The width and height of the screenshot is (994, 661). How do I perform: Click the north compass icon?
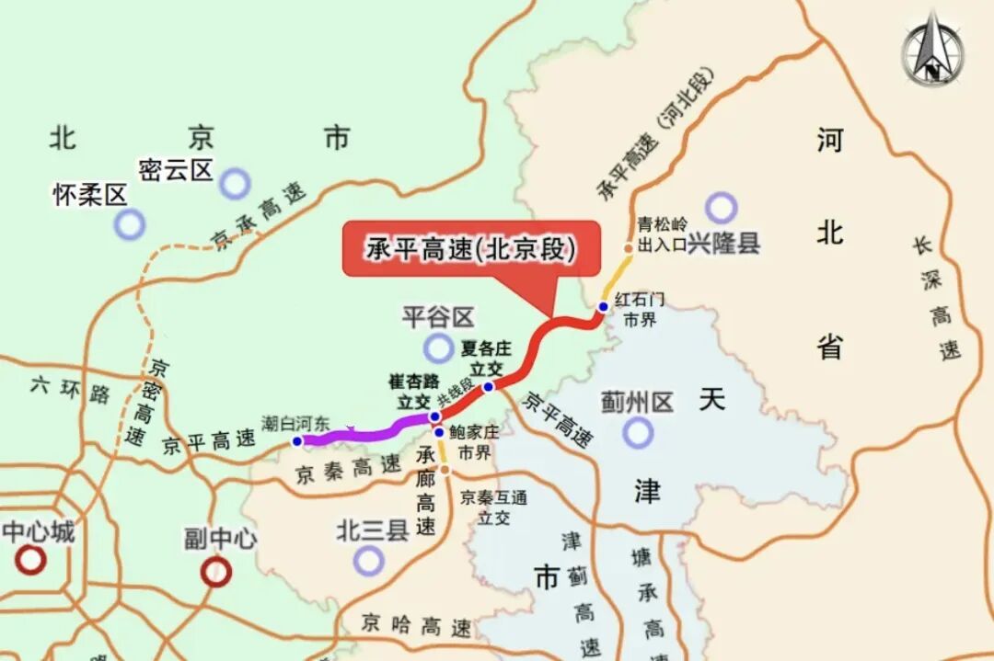(932, 48)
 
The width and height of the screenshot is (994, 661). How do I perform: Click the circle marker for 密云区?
(235, 183)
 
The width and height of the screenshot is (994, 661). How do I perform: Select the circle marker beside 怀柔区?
(130, 223)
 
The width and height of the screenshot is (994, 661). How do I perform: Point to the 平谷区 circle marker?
(438, 348)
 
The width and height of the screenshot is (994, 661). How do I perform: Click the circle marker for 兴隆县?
(722, 208)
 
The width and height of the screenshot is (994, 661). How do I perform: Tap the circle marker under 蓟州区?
(637, 432)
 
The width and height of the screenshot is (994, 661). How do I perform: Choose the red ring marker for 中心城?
(31, 559)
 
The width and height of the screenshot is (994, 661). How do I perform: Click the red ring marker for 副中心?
(215, 572)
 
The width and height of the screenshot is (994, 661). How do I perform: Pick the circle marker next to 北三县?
(368, 559)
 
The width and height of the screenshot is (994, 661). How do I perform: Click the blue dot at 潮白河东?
(297, 441)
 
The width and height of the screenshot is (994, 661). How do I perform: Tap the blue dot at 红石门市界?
(603, 307)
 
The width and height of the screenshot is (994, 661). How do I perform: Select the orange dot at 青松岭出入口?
(628, 248)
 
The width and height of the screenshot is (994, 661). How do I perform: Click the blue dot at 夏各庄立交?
(489, 386)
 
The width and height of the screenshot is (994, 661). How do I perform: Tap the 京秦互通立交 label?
(494, 507)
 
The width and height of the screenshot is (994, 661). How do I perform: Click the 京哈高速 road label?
(416, 626)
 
